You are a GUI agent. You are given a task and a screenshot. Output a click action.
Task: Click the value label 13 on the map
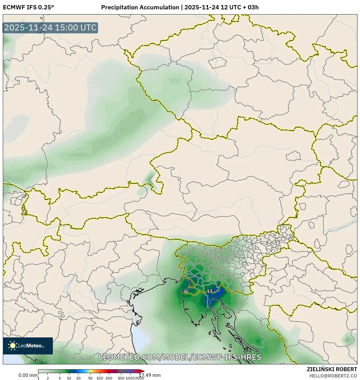pos(209,291)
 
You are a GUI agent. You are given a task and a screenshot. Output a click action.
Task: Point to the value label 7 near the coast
pos(259,352)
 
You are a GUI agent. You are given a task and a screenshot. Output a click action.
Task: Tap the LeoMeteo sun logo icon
pos(13,346)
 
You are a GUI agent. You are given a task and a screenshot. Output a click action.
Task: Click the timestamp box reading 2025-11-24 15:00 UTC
pos(50,28)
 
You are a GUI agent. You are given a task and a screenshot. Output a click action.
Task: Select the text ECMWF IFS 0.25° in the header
pos(28,7)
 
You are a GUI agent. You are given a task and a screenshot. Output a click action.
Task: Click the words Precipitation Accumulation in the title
pos(140,7)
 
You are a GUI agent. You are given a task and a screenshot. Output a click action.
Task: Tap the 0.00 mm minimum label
pos(28,375)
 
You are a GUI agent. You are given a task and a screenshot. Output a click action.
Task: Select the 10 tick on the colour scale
pos(69,378)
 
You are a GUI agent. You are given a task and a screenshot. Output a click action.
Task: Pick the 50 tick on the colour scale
pos(90,378)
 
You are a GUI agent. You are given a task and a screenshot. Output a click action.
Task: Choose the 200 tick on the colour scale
pos(109,378)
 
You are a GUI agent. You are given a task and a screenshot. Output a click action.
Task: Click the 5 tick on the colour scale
pos(60,378)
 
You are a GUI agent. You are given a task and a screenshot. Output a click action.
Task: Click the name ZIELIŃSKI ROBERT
pos(332,369)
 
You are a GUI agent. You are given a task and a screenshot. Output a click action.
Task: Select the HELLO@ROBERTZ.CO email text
pos(333,376)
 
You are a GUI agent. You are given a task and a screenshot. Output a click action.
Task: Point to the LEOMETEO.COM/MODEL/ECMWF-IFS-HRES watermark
pos(180,357)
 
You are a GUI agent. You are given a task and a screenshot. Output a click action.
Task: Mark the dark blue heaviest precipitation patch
pos(214,297)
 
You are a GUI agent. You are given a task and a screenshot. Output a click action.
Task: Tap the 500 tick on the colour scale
pos(121,378)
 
